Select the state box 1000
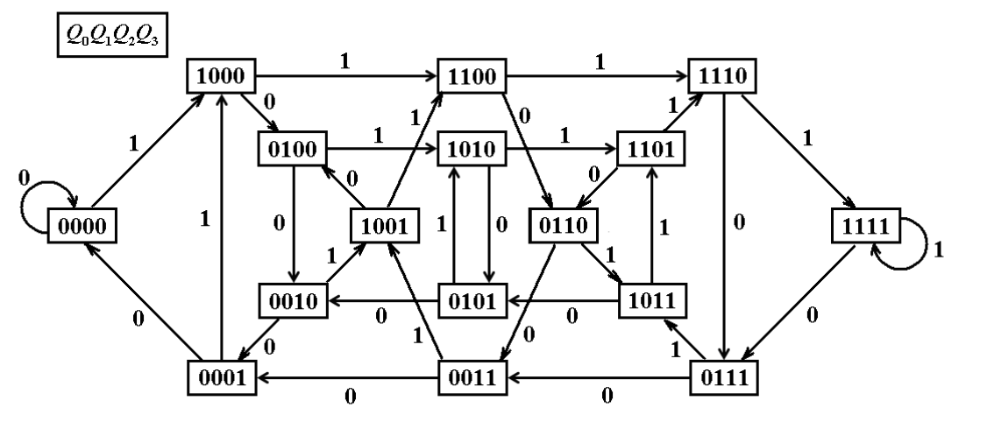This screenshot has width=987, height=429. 220,77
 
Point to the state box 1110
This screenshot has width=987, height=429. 722,77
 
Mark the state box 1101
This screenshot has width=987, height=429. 650,151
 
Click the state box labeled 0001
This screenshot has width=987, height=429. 220,378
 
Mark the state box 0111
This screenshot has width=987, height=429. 722,378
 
